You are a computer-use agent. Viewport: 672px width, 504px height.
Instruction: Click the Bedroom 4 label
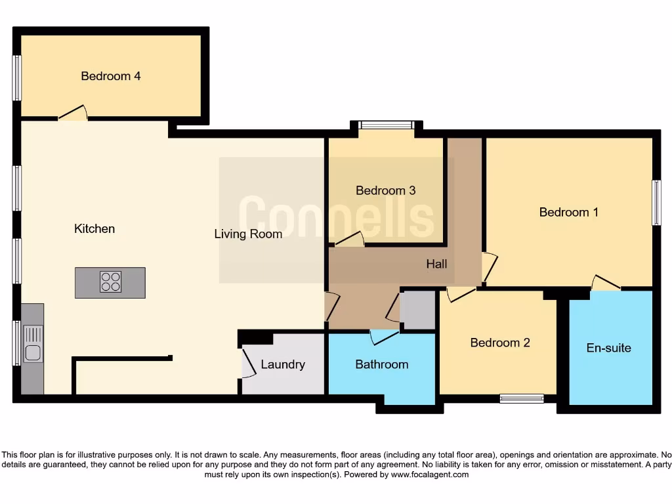(111, 76)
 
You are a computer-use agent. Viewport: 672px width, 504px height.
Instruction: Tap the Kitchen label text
(94, 229)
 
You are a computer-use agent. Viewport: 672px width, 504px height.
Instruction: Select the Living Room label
(248, 234)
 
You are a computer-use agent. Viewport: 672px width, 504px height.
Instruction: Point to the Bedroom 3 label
(385, 191)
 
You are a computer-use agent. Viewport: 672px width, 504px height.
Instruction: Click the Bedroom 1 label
(568, 212)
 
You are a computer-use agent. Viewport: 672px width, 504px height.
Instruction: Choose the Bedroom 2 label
(500, 343)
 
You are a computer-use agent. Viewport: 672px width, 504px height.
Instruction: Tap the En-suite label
(608, 348)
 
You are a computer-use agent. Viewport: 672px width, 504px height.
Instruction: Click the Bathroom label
(381, 364)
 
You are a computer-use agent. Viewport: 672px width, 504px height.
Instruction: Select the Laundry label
(283, 364)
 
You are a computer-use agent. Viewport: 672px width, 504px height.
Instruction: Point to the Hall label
(436, 264)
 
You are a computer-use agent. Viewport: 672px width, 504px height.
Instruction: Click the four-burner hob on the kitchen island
(110, 282)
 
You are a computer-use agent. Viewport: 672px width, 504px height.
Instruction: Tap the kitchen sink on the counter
(33, 345)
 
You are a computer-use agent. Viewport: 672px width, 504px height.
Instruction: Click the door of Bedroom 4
(73, 114)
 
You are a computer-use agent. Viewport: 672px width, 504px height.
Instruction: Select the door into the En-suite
(606, 283)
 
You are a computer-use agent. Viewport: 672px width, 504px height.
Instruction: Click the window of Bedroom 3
(386, 125)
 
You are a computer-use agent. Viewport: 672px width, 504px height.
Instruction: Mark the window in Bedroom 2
(521, 398)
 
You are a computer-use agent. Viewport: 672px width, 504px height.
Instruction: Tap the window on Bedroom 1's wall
(656, 203)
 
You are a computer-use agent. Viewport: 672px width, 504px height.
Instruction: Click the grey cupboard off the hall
(418, 310)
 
